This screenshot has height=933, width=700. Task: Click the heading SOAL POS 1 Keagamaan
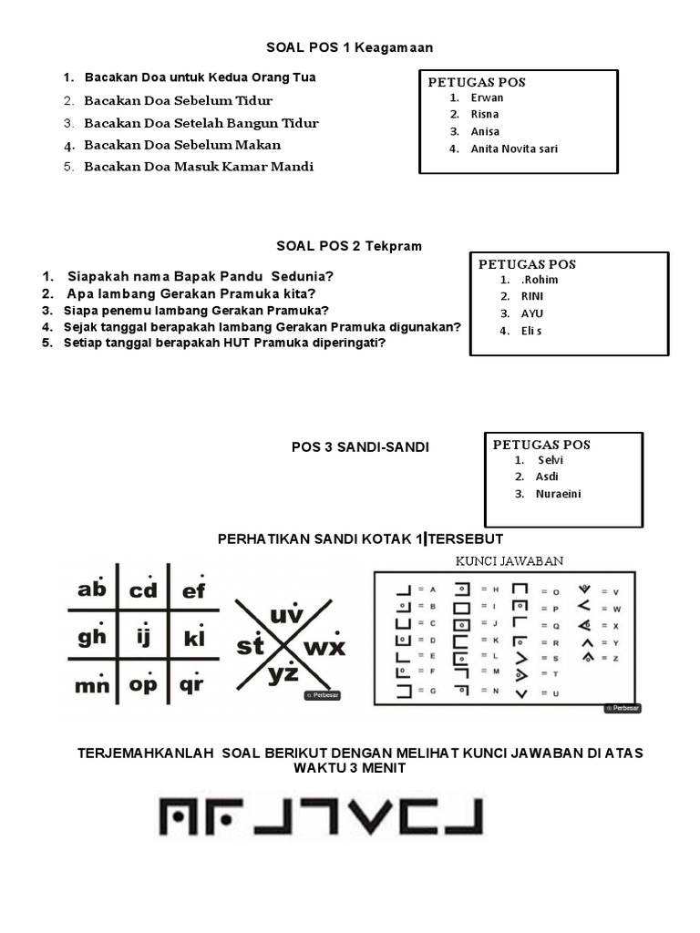click(349, 47)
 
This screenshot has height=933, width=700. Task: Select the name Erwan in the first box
click(487, 97)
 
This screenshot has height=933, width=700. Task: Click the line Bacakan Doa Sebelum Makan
click(182, 145)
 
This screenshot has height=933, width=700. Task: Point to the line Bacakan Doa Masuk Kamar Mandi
click(199, 167)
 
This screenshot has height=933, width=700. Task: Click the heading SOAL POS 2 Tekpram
click(349, 246)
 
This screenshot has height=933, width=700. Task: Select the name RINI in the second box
click(531, 296)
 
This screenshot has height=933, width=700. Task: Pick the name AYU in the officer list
click(531, 313)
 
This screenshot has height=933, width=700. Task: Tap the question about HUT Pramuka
click(224, 343)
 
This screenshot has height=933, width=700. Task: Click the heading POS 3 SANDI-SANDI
click(360, 447)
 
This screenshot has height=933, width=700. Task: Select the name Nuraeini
click(560, 494)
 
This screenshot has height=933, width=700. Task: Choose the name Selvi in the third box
click(551, 460)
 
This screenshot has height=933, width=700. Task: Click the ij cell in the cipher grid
click(143, 637)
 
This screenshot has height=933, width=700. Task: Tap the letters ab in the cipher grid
click(92, 590)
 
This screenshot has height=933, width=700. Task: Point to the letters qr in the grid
click(191, 684)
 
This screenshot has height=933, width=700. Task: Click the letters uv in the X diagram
click(285, 617)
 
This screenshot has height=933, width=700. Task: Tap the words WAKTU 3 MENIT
click(349, 768)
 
